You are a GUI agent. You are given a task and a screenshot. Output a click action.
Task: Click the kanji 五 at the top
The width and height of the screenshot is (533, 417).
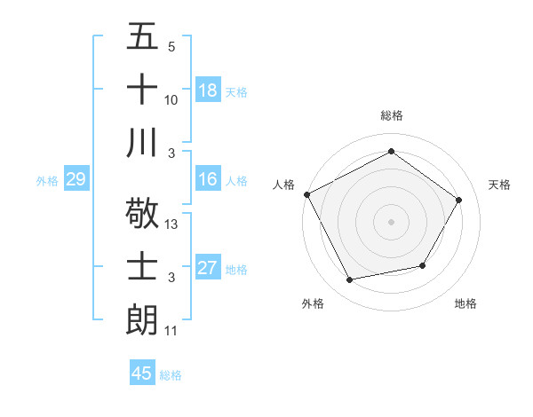coord(142,37)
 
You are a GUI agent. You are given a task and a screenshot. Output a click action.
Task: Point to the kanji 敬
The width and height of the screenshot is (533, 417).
coord(142,214)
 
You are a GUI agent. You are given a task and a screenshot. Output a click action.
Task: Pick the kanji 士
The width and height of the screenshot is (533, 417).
coord(142,266)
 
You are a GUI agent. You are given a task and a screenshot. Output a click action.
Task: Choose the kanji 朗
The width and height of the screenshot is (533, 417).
coord(142,318)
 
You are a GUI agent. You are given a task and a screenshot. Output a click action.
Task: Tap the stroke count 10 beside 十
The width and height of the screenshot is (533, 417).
coord(171,101)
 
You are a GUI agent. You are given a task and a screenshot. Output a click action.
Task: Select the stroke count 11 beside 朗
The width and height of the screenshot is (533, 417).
coord(171,331)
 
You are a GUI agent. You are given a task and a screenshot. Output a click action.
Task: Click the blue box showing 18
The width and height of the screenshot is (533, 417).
coord(208,90)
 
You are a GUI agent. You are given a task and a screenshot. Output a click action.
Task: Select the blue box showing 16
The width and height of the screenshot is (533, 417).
coord(208,179)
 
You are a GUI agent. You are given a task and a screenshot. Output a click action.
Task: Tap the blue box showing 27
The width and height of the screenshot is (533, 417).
coord(208,268)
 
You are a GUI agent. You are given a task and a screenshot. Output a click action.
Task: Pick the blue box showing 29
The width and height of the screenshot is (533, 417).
coord(76,180)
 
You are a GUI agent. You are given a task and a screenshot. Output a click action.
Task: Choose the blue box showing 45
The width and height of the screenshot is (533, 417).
coord(142,374)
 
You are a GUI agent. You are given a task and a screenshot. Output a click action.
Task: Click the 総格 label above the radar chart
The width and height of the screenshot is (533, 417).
coord(391,115)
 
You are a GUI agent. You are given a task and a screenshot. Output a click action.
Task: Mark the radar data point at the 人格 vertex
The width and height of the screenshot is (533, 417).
coord(307,194)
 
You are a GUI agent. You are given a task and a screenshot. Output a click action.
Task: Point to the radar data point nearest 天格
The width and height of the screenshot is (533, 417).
coord(458,200)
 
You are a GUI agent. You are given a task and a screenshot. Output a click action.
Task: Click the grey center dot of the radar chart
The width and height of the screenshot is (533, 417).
coord(391,221)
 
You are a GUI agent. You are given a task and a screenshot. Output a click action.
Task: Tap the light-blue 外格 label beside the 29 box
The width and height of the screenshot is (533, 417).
coord(47,181)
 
